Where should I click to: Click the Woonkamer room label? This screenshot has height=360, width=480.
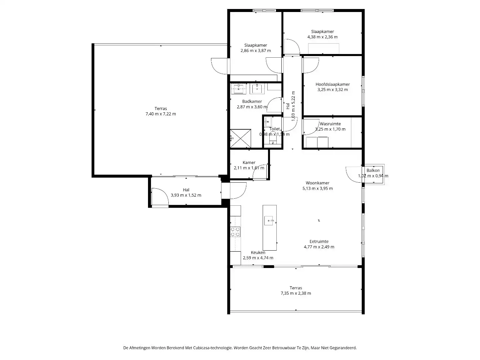click(317, 183)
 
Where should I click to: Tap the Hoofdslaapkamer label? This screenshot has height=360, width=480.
click(333, 84)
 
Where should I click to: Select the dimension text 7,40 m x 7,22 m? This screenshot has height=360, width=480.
click(161, 114)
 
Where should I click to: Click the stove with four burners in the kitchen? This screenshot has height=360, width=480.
click(235, 231)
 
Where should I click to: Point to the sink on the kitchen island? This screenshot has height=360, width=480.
click(269, 221)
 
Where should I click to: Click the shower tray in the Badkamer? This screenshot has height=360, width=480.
click(240, 138)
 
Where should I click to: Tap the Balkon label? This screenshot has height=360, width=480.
click(373, 171)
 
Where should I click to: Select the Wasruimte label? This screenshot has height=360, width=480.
click(330, 124)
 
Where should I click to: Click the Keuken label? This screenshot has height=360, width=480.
click(258, 253)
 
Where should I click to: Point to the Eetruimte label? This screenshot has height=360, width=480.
click(319, 242)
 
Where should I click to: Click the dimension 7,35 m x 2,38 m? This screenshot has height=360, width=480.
click(296, 293)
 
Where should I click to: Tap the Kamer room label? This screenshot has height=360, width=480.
click(249, 163)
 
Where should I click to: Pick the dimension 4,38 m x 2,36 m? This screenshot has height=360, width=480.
click(322, 37)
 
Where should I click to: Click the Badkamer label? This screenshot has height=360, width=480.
click(252, 102)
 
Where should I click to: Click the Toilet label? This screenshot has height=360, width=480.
click(275, 129)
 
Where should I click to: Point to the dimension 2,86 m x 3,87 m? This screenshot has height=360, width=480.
click(256, 51)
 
